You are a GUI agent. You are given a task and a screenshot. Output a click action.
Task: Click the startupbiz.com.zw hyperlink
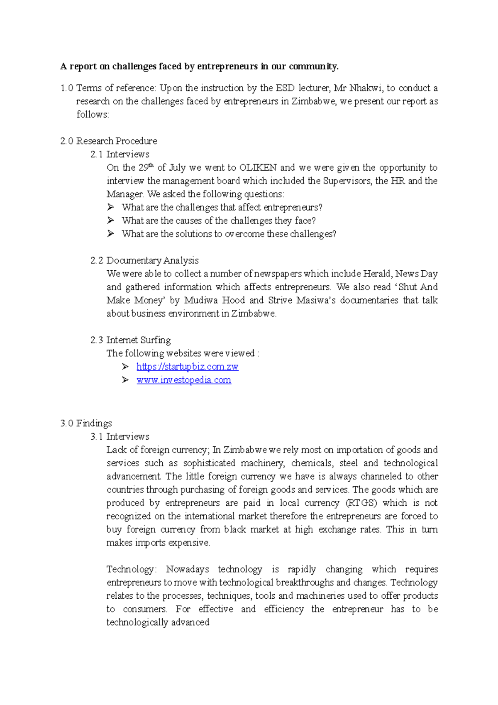click(x=187, y=367)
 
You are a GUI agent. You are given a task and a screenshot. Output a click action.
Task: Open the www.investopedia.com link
click(x=183, y=380)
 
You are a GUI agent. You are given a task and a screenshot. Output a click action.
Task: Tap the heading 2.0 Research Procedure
click(x=109, y=141)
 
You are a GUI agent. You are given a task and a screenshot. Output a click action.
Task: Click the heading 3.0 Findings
click(x=86, y=423)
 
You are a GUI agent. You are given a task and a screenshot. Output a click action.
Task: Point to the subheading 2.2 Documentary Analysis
click(x=144, y=260)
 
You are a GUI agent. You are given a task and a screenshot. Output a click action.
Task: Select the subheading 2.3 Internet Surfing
click(x=130, y=340)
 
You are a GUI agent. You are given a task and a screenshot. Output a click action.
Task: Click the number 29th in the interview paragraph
click(x=146, y=168)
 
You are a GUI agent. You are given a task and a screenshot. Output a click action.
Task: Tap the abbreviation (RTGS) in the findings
click(x=361, y=503)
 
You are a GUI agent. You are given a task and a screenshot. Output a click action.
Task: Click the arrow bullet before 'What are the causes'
click(x=110, y=220)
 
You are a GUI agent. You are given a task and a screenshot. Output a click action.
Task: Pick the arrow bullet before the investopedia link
click(x=125, y=380)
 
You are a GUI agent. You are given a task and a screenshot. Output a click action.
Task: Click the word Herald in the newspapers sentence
click(x=377, y=274)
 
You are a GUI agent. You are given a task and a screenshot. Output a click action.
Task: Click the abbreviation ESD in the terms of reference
click(x=285, y=88)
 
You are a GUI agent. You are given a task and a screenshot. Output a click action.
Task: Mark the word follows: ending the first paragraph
click(x=93, y=115)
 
